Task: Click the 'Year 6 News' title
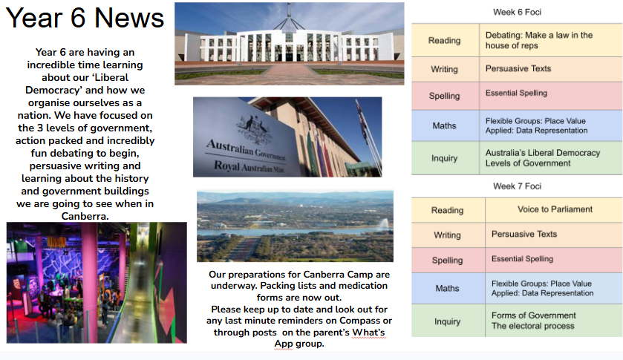(x=85, y=19)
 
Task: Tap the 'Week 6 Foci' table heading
(x=517, y=13)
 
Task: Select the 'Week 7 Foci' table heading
(x=517, y=186)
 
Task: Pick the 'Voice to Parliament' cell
(x=555, y=209)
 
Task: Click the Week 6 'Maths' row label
(x=444, y=126)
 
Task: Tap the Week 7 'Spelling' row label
(x=447, y=261)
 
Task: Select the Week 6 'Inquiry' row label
(x=444, y=158)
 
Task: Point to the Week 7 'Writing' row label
(x=447, y=235)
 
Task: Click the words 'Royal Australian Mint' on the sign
(x=249, y=166)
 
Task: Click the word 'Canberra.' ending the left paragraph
(x=85, y=216)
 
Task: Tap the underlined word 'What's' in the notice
(x=368, y=333)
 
